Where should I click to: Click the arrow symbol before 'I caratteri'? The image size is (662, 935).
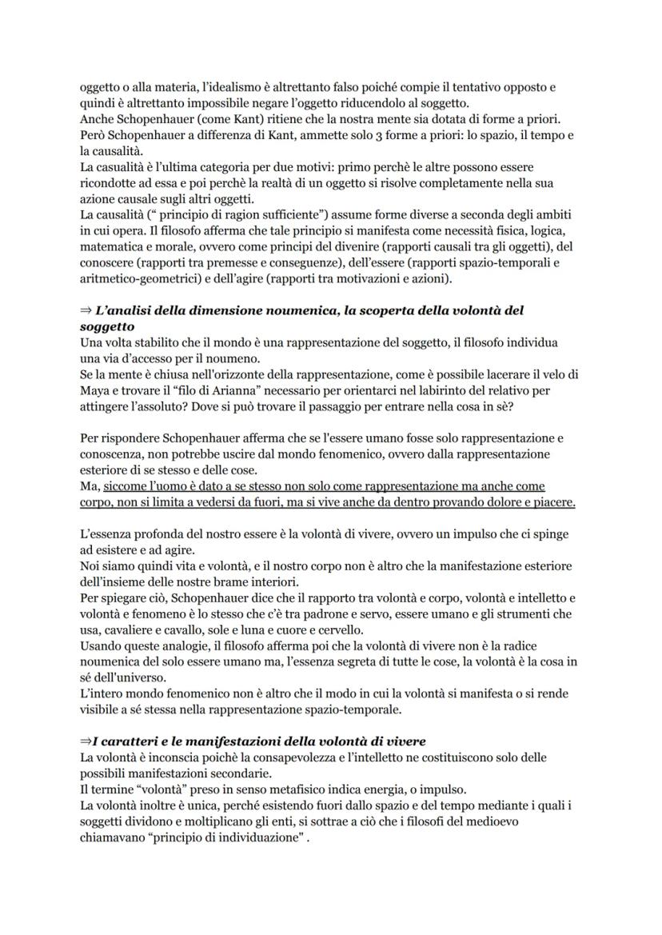pos(86,741)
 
